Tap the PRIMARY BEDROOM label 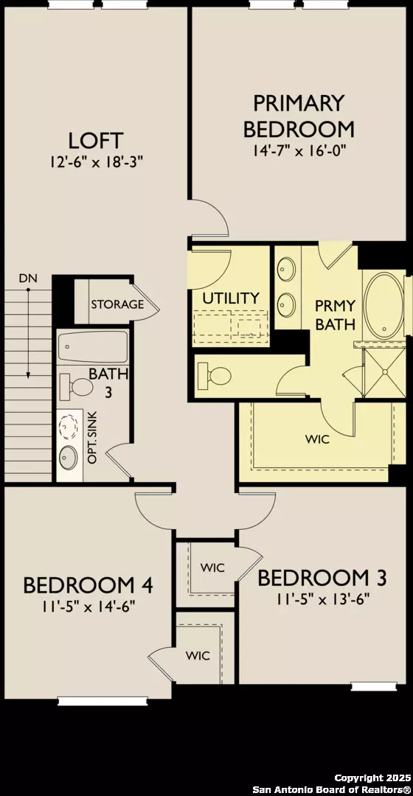click(x=299, y=115)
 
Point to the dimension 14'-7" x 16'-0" click(x=299, y=149)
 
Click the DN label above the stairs click(x=28, y=279)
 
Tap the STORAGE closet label click(x=117, y=304)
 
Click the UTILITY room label click(x=231, y=298)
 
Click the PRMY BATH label click(x=336, y=315)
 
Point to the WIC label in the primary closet click(x=317, y=439)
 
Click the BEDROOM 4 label click(x=88, y=585)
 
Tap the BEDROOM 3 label click(x=322, y=578)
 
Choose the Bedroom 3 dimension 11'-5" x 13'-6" click(x=322, y=599)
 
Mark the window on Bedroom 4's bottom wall click(x=88, y=701)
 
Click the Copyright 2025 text click(x=370, y=778)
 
